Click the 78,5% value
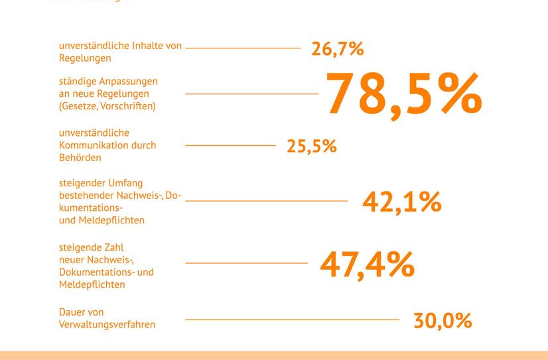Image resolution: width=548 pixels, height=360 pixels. [403, 95]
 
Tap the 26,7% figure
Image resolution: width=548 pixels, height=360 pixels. [338, 49]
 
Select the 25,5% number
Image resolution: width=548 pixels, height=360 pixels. [312, 146]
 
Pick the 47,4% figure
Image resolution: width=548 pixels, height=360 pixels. [367, 265]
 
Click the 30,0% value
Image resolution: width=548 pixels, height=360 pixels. [443, 321]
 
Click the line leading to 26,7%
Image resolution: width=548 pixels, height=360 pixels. [243, 48]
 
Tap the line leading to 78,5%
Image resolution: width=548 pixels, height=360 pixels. [251, 94]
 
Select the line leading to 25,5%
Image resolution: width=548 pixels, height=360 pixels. [230, 145]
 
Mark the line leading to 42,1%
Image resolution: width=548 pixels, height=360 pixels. [266, 200]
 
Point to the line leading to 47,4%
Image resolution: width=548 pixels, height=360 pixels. [246, 263]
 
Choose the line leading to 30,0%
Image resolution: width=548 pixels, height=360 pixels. [292, 320]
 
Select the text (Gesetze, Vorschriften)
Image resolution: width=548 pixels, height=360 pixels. [107, 105]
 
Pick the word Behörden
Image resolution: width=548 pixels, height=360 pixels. [80, 158]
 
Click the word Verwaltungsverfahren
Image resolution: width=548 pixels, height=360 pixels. [107, 325]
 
